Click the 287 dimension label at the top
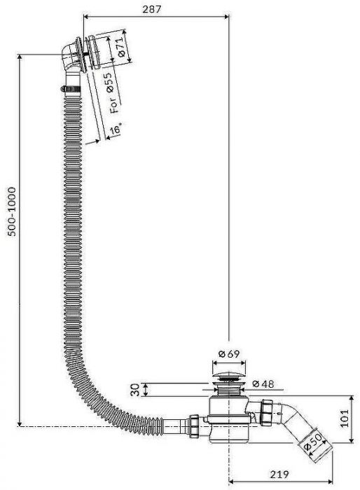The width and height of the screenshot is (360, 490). [152, 9]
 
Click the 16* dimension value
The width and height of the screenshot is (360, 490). [116, 128]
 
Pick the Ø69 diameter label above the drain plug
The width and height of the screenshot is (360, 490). [229, 353]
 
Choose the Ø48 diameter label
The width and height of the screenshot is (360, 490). [263, 384]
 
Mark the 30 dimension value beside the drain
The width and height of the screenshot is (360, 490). [135, 390]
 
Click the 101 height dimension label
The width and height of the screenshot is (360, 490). [344, 418]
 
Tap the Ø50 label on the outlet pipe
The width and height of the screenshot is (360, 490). [313, 442]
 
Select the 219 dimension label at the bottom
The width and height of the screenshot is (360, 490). [279, 475]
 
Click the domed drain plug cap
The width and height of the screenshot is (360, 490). [229, 375]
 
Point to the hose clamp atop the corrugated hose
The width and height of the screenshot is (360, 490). [71, 89]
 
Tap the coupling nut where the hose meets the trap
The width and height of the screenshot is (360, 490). [193, 424]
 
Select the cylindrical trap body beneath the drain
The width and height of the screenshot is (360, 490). [229, 419]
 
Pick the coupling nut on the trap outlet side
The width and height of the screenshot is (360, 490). [268, 412]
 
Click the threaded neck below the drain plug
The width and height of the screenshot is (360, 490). [229, 390]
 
